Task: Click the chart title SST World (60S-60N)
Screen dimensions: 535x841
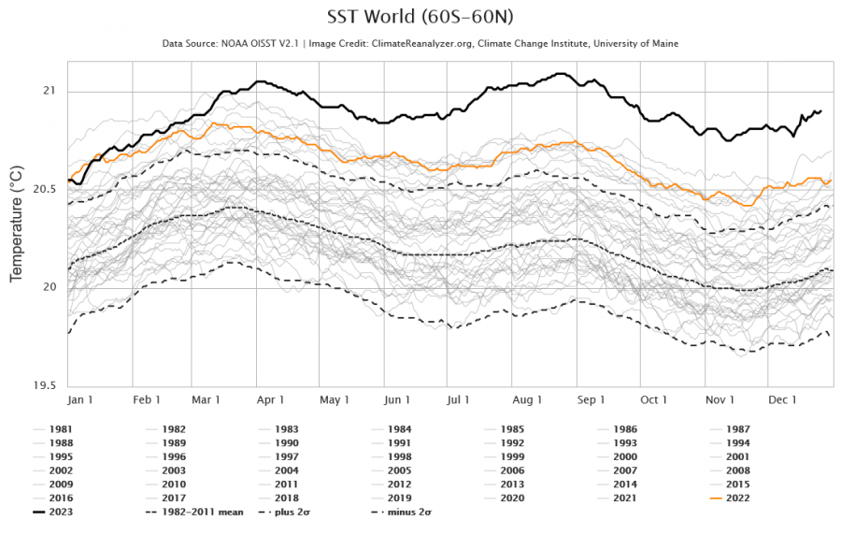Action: point(420,17)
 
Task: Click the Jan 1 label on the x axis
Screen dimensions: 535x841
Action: point(80,399)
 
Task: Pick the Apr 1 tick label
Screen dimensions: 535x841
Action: point(271,399)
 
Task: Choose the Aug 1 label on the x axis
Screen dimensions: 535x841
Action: point(527,399)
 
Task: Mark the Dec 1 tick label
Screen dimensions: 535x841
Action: point(781,399)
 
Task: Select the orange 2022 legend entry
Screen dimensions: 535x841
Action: point(737,498)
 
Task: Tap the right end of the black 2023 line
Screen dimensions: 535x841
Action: point(820,111)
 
